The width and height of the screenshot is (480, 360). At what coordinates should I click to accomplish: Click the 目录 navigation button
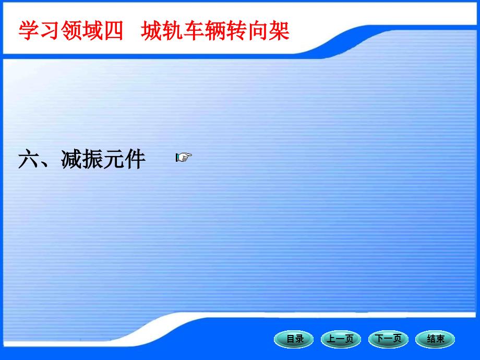294,339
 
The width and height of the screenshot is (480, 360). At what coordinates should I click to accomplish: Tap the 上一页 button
341,339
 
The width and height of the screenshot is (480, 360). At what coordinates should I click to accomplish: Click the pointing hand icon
184,158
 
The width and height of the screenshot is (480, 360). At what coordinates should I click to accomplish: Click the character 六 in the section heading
29,159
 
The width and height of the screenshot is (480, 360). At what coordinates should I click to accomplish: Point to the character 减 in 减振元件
71,159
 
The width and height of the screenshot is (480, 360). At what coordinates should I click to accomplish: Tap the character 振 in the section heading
92,159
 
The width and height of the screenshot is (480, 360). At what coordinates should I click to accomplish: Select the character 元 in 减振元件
114,159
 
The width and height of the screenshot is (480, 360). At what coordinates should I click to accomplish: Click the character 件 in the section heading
135,159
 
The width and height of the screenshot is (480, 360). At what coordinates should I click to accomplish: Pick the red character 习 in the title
50,31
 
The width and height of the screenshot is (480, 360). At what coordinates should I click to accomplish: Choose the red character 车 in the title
194,31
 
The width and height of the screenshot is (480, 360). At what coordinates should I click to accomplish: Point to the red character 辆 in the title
215,31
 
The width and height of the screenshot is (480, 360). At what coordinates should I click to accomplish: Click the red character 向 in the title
258,31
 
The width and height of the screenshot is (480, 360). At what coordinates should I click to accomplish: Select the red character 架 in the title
279,31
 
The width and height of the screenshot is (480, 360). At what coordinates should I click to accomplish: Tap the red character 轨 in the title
173,31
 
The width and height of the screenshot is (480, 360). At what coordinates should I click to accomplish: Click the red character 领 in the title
71,31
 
